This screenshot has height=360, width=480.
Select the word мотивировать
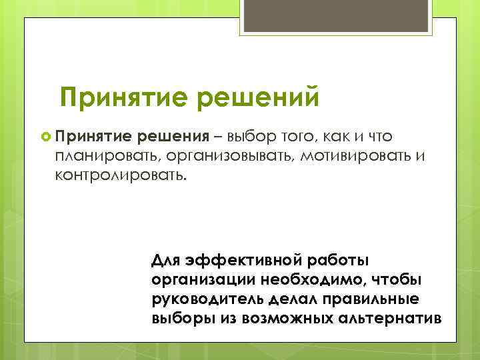(357, 157)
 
